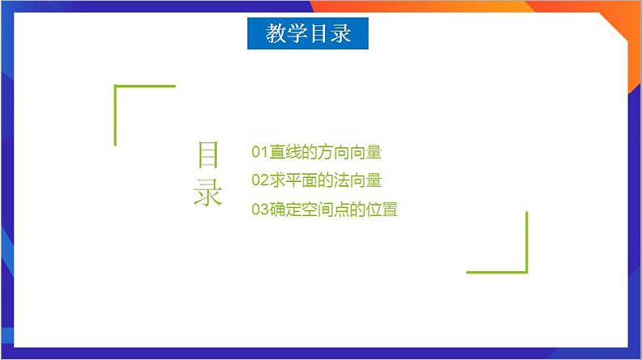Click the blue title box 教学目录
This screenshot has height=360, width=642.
click(x=307, y=34)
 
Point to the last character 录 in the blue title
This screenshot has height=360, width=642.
click(x=340, y=34)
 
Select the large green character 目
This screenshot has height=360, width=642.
click(x=208, y=155)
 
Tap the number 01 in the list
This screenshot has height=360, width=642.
click(x=260, y=152)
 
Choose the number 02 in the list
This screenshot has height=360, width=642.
click(x=260, y=180)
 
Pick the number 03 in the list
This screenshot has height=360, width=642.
click(x=260, y=210)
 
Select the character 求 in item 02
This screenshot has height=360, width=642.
click(x=276, y=180)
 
